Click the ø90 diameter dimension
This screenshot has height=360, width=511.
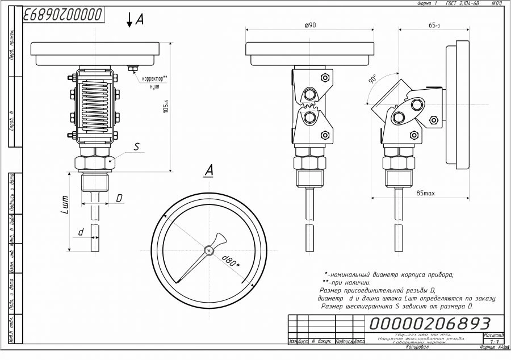tap(310, 26)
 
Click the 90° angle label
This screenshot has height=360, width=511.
tap(373, 79)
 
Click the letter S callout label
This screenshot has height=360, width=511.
tap(136, 146)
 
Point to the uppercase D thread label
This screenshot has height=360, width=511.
tap(119, 198)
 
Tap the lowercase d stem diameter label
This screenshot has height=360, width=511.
tap(81, 232)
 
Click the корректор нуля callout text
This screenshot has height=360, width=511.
tap(154, 82)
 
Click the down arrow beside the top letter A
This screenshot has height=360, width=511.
tap(129, 20)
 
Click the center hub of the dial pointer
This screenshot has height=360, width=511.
tap(209, 249)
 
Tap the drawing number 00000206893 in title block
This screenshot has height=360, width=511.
tap(430, 324)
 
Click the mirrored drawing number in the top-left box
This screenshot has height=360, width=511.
tap(64, 14)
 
